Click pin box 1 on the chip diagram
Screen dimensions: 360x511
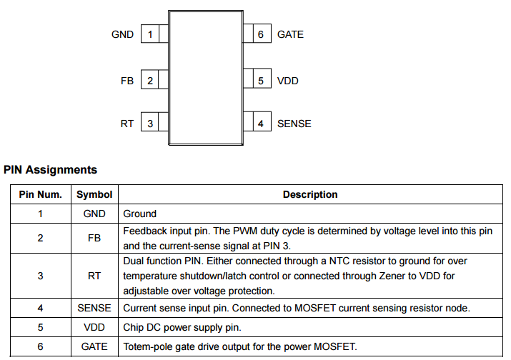click(x=149, y=34)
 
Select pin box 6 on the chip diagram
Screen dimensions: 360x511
click(x=261, y=34)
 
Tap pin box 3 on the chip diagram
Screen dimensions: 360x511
click(x=149, y=124)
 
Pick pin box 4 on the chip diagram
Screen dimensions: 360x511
click(x=261, y=124)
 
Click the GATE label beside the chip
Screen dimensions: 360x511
click(x=290, y=34)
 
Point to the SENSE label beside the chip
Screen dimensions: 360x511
click(x=294, y=124)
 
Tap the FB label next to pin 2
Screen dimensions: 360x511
click(x=127, y=81)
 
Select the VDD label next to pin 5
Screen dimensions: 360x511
click(x=287, y=81)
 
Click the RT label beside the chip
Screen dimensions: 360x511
click(x=127, y=124)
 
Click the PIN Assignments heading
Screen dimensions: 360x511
click(x=50, y=170)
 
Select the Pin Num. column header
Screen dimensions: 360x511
click(x=40, y=194)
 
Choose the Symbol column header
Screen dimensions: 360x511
click(x=94, y=194)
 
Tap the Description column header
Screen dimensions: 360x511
click(x=310, y=194)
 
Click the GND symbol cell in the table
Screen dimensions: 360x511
click(x=94, y=214)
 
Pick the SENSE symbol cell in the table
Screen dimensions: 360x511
click(x=94, y=309)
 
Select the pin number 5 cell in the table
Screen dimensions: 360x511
click(x=40, y=328)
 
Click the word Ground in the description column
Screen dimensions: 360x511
click(x=140, y=214)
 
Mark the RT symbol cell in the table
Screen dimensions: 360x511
click(x=94, y=275)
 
